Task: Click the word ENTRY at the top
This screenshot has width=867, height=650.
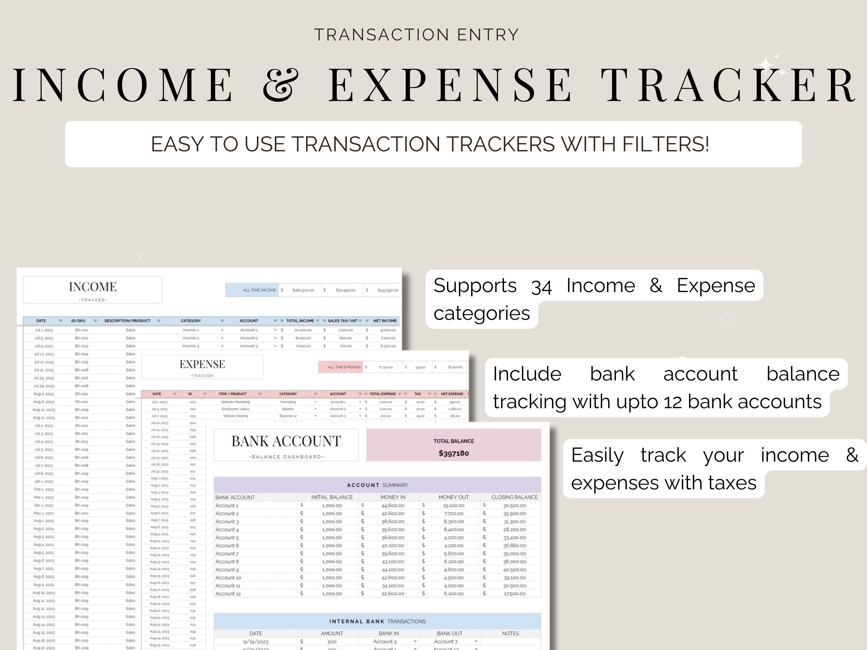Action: coord(488,35)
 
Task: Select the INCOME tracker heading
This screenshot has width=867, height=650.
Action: coord(92,287)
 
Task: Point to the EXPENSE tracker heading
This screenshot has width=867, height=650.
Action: coord(202,364)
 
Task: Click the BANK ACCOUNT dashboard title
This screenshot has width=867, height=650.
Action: coord(286,441)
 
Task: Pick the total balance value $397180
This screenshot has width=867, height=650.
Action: coord(453,453)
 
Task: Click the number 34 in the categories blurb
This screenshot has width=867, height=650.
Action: coord(541,286)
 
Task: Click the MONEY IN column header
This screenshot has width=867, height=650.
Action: coord(393,497)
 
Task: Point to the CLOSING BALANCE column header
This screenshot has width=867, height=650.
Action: coord(514,497)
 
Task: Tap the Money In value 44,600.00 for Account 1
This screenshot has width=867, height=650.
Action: coord(393,506)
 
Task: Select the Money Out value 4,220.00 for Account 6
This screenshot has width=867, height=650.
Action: coord(453,545)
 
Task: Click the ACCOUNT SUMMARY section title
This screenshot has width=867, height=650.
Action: coord(377,485)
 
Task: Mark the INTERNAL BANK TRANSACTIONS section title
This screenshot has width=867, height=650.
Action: coord(377,621)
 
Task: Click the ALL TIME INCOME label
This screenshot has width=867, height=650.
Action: coord(259,290)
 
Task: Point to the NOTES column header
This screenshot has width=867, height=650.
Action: coord(510,633)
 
